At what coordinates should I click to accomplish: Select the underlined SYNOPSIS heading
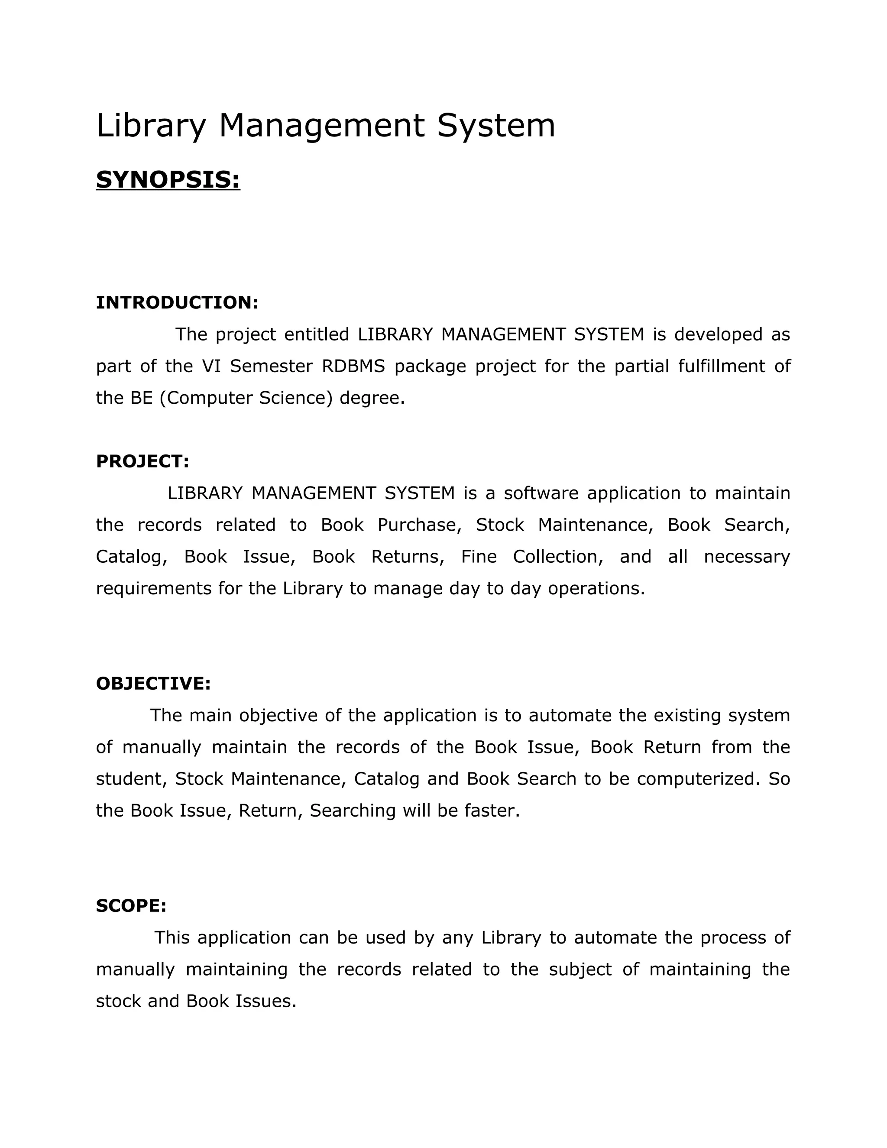[x=168, y=180]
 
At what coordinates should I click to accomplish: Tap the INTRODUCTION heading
[x=177, y=303]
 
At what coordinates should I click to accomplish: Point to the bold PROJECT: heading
[x=142, y=461]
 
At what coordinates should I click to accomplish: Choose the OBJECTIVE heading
[x=153, y=683]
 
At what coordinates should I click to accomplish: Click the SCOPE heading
[x=131, y=906]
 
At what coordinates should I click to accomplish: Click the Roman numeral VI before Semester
[x=211, y=366]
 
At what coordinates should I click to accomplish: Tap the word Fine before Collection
[x=479, y=556]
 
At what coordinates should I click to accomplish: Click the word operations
[x=596, y=588]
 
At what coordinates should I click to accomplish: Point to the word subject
[x=580, y=969]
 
